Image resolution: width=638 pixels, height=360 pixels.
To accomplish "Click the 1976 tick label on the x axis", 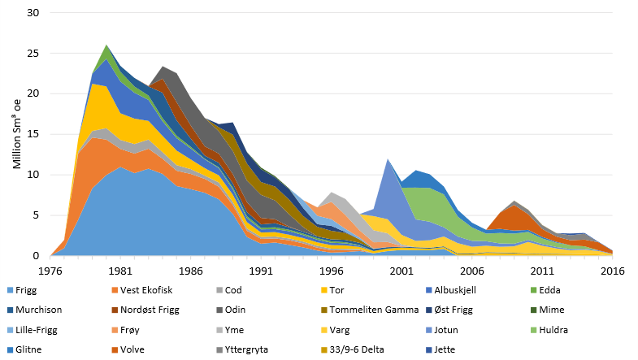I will click(51, 271).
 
